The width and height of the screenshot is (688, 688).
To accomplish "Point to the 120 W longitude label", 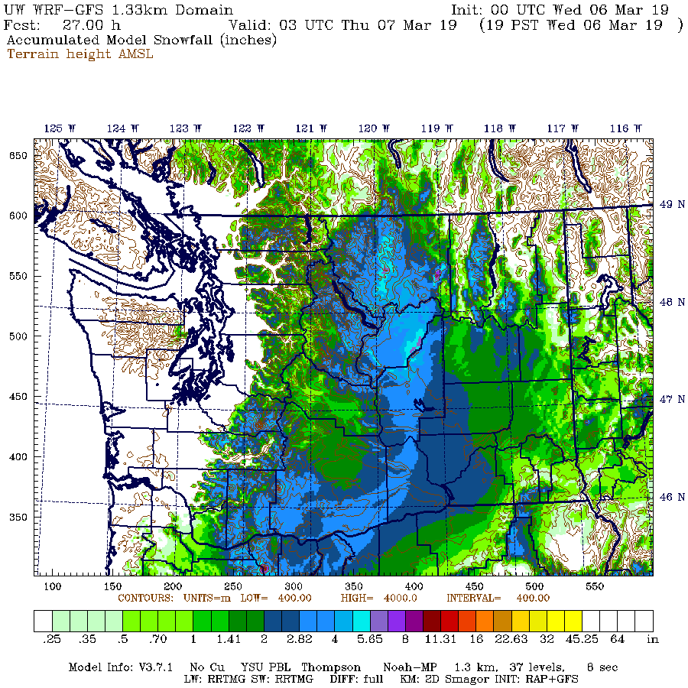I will click(375, 128).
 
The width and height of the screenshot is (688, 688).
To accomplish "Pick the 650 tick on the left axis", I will click(18, 155).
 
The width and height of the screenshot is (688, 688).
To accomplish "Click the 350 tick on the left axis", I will click(18, 517).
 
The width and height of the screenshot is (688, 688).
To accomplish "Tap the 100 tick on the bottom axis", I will click(53, 586).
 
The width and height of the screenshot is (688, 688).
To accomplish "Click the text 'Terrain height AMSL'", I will click(80, 54).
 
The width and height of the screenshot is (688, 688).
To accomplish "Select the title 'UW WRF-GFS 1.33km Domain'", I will click(119, 10).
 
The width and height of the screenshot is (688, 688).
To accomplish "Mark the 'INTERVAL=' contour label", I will click(473, 598).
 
